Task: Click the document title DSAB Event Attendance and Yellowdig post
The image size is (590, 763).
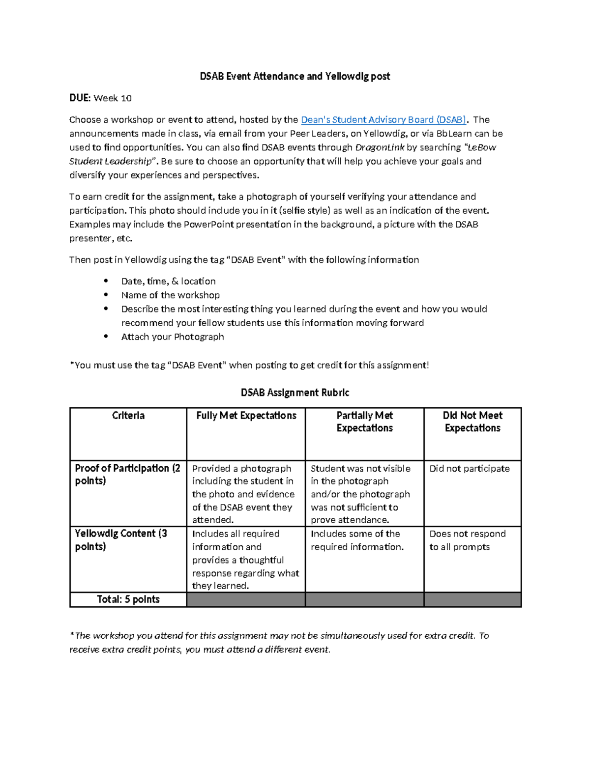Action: [295, 76]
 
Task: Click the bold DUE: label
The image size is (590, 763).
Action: [80, 98]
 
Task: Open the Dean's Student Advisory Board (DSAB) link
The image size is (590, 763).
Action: [383, 119]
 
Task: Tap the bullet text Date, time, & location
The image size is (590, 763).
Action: [168, 281]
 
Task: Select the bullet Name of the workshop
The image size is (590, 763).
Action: [170, 295]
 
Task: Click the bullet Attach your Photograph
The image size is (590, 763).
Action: [173, 337]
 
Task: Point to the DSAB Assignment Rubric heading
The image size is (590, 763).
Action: [295, 393]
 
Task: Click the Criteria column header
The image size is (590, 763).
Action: [128, 416]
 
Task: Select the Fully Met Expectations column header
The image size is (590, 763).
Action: [246, 416]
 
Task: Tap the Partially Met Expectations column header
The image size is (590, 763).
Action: [364, 422]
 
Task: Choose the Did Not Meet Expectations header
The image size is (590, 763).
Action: [472, 422]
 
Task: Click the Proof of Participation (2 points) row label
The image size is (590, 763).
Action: [127, 475]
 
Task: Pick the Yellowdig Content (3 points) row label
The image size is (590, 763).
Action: [121, 540]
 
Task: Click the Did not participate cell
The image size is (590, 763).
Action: [469, 468]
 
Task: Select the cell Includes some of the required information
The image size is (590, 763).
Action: [357, 540]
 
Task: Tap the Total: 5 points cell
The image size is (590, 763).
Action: [128, 599]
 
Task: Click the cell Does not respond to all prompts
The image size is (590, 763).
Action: [467, 540]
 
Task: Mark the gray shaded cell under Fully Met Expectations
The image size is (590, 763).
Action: [246, 600]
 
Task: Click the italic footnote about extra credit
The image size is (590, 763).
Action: [279, 642]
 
